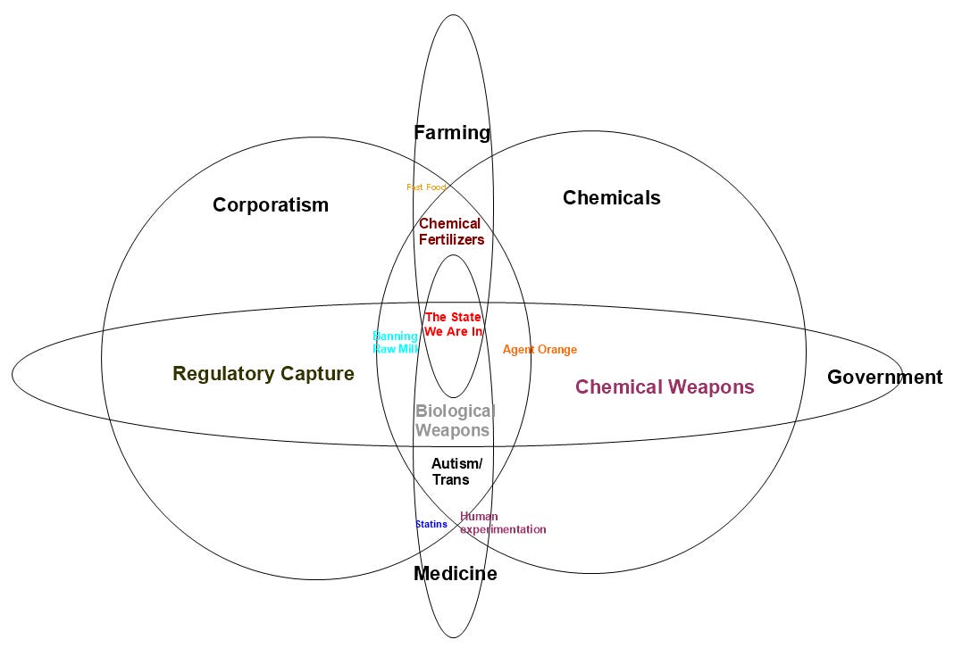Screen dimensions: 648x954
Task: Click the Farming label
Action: click(x=452, y=133)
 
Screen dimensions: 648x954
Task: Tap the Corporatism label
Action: click(x=271, y=205)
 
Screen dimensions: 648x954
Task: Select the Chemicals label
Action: click(x=611, y=198)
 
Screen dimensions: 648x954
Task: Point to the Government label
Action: click(x=884, y=377)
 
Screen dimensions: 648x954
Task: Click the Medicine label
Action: click(x=455, y=574)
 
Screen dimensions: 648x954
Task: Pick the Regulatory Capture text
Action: click(x=264, y=374)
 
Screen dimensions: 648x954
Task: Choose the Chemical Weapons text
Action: click(x=665, y=386)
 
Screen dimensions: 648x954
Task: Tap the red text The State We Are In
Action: click(x=453, y=324)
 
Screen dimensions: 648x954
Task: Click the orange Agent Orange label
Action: click(x=540, y=350)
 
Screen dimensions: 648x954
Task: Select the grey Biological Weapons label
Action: click(x=454, y=420)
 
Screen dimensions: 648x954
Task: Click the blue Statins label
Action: click(x=431, y=524)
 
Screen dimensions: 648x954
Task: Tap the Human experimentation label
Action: click(x=502, y=523)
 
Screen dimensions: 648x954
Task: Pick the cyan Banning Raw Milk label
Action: click(x=395, y=343)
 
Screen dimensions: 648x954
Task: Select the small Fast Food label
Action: click(x=426, y=187)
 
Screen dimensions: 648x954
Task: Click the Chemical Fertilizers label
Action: click(x=452, y=231)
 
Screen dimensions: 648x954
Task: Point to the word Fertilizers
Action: click(x=452, y=239)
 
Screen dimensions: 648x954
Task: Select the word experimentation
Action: click(x=503, y=529)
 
